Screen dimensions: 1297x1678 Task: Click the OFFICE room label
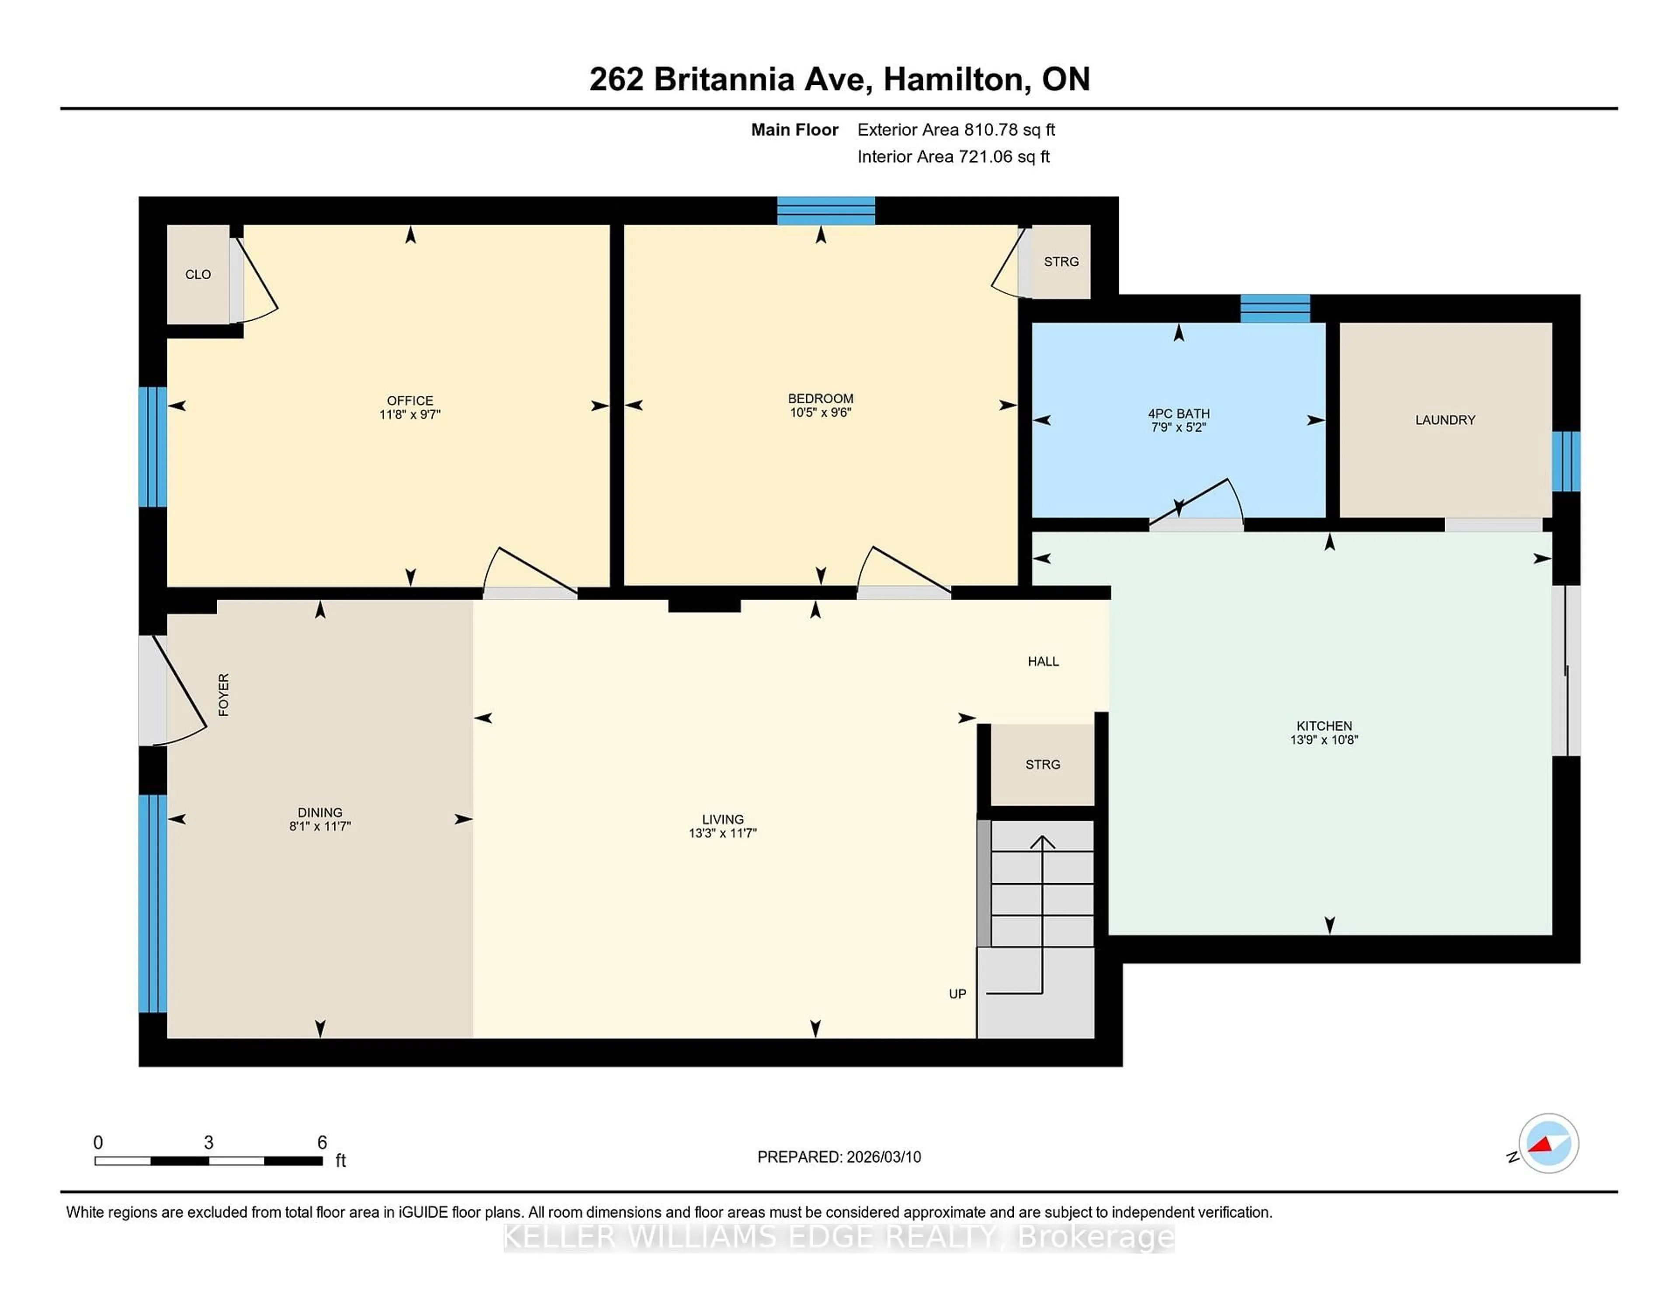tap(409, 400)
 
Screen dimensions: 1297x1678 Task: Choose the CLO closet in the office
tap(198, 274)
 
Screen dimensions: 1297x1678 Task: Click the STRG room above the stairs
tap(1043, 765)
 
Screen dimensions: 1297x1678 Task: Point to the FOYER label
tap(224, 694)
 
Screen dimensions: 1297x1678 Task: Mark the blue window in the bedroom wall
tap(826, 211)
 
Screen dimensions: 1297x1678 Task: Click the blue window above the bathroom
tap(1276, 308)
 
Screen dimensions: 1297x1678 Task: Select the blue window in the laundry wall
tap(1566, 461)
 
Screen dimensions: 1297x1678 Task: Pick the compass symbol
tap(1548, 1143)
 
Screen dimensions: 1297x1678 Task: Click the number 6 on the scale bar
tap(322, 1143)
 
